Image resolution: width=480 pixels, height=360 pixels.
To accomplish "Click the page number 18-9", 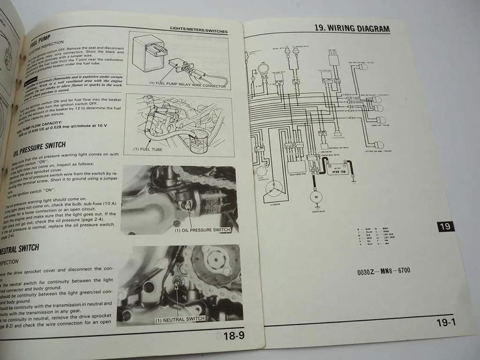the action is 233,336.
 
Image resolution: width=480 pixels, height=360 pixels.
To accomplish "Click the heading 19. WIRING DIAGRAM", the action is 352,28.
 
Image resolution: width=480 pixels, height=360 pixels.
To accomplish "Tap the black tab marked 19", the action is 446,226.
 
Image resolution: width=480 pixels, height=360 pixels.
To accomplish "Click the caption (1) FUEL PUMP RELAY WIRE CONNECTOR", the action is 187,86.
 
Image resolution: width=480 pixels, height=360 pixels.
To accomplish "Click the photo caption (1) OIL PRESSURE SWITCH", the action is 202,230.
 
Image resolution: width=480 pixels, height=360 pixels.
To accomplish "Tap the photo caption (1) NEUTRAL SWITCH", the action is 180,319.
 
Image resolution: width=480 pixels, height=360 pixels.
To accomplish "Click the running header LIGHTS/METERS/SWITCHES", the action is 199,31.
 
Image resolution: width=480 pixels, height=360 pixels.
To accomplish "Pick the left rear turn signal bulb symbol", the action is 379,145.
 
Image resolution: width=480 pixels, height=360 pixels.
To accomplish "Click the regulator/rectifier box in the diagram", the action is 296,166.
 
